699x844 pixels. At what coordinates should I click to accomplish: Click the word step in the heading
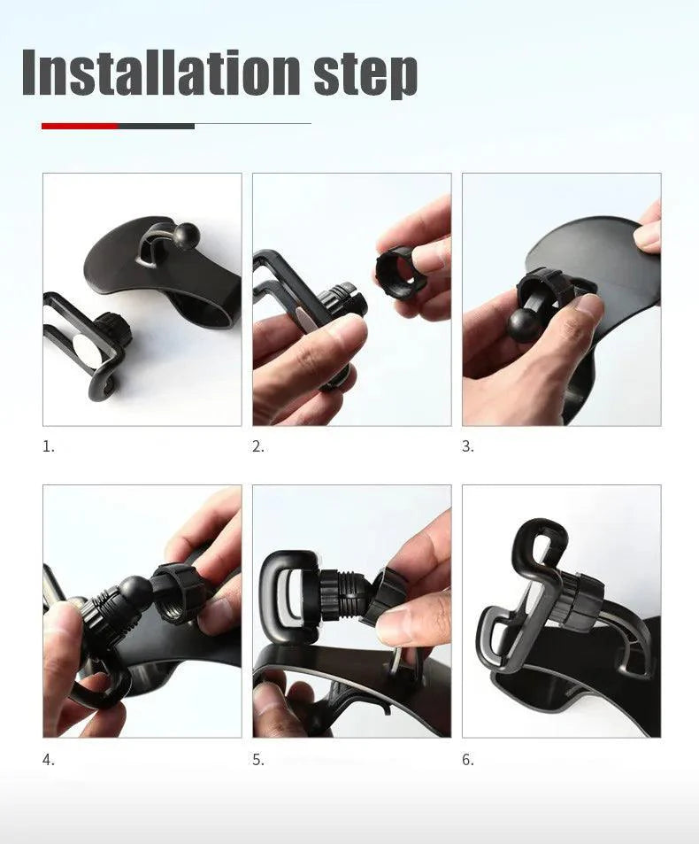click(365, 74)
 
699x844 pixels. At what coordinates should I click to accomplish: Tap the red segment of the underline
click(80, 126)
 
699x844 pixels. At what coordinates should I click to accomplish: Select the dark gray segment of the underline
click(156, 126)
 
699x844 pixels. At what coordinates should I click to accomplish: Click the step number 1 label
click(49, 447)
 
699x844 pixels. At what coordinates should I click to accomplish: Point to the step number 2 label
click(258, 447)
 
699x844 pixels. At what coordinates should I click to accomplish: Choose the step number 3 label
click(468, 447)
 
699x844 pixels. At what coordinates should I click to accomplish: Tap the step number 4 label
click(49, 760)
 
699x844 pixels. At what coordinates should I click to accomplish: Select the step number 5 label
click(258, 760)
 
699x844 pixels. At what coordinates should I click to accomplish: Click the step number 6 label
click(468, 760)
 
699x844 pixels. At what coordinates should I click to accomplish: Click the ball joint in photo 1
click(187, 236)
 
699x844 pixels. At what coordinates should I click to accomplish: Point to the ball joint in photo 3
click(524, 324)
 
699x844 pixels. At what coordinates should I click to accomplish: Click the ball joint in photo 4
click(135, 592)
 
